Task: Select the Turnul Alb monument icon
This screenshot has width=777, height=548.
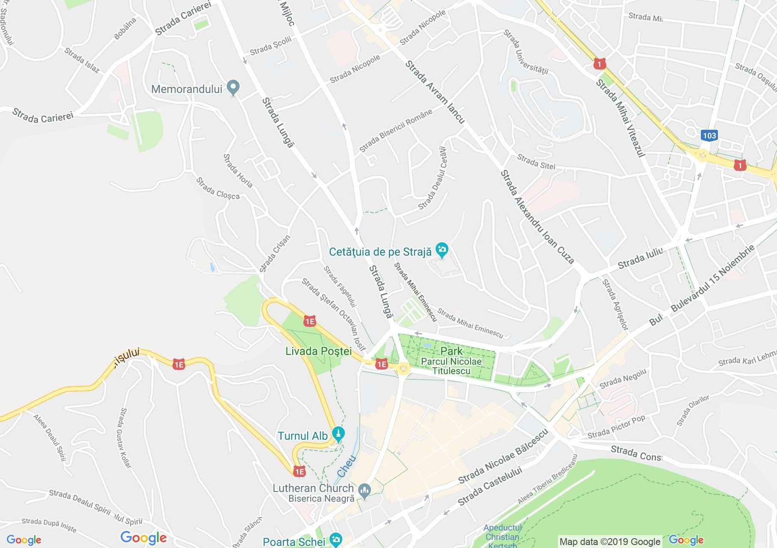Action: pyautogui.click(x=338, y=434)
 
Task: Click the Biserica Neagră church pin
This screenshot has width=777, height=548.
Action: pyautogui.click(x=365, y=491)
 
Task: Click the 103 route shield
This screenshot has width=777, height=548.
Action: pyautogui.click(x=709, y=136)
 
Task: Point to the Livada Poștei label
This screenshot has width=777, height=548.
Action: pyautogui.click(x=318, y=351)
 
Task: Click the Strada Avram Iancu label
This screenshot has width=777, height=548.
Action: pyautogui.click(x=435, y=92)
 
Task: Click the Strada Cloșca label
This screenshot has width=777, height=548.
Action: pyautogui.click(x=218, y=188)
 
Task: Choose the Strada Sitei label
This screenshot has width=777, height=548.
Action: pyautogui.click(x=536, y=162)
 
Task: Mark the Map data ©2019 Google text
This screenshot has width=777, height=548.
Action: pyautogui.click(x=610, y=542)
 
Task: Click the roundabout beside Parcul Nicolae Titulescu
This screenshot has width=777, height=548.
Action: pyautogui.click(x=403, y=368)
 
